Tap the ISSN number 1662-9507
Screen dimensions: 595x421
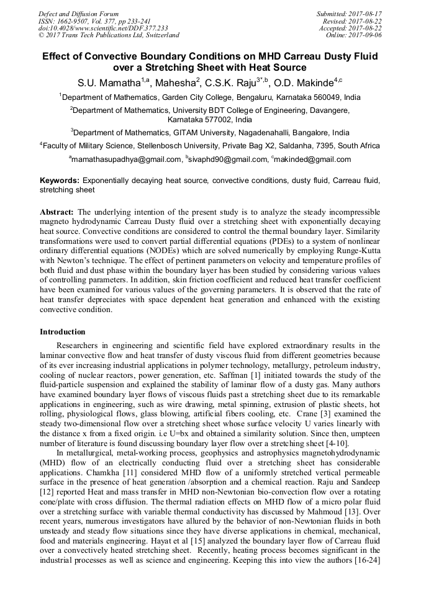(x=74, y=20)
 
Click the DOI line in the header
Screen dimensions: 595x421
(x=103, y=28)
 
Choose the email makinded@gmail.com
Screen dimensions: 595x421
(x=311, y=159)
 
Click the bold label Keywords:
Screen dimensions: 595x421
(x=59, y=181)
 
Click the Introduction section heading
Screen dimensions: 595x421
(x=63, y=332)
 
